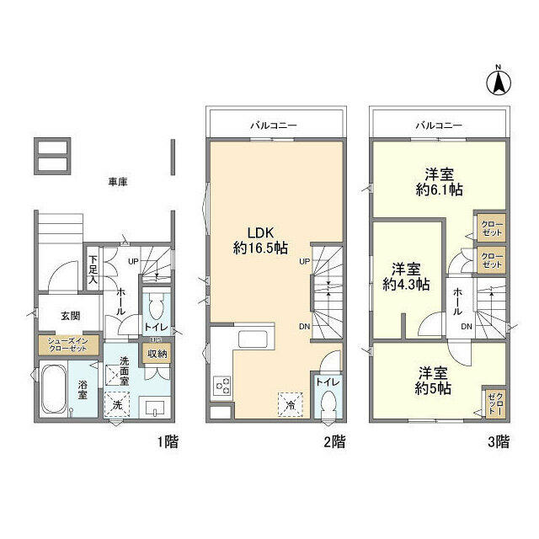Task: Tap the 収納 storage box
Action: click(157, 355)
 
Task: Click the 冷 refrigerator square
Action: click(289, 403)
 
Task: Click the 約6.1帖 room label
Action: click(439, 182)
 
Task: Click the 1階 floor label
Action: click(167, 441)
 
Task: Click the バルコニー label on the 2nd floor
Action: click(274, 125)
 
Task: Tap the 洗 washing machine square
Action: click(117, 405)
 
